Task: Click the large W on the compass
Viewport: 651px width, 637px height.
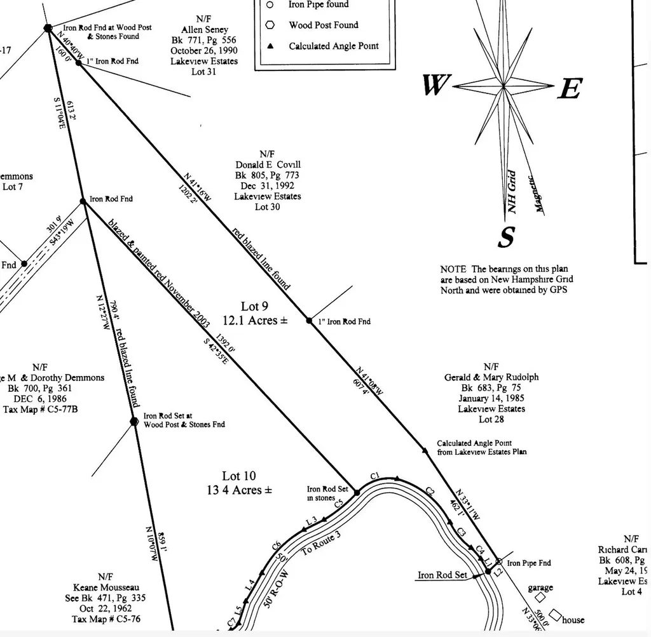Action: click(x=435, y=85)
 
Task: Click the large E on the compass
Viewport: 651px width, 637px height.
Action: click(x=570, y=89)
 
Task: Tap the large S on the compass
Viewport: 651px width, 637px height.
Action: click(x=505, y=238)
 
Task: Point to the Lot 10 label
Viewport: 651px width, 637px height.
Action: click(x=239, y=476)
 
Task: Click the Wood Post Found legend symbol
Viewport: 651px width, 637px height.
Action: click(x=270, y=25)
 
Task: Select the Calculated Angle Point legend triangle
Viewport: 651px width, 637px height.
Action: click(x=270, y=46)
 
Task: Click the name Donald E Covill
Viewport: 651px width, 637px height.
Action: click(x=268, y=164)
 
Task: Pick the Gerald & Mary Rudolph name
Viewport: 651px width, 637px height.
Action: click(x=491, y=377)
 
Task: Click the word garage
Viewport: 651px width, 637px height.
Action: click(x=540, y=587)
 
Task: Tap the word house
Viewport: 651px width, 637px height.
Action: click(x=573, y=620)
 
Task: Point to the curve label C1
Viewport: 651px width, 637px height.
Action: click(x=374, y=476)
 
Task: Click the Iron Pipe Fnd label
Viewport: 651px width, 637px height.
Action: click(x=529, y=563)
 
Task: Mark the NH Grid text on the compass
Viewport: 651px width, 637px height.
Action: click(x=513, y=192)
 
